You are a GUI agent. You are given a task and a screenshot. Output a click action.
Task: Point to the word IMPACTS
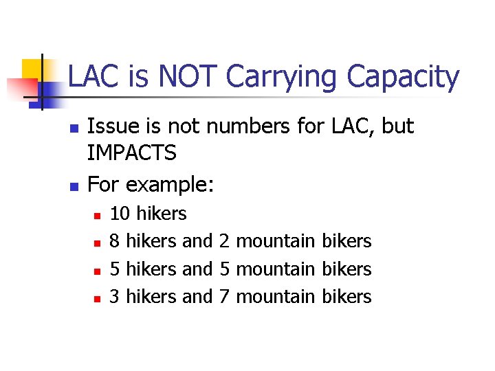click(132, 153)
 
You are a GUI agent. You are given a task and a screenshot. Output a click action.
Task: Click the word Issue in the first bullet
click(111, 126)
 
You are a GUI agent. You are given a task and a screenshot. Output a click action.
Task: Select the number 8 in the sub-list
click(115, 241)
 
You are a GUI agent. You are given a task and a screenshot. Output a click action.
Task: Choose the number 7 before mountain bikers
click(224, 296)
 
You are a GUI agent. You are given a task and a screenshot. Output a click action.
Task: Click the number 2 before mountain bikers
click(224, 241)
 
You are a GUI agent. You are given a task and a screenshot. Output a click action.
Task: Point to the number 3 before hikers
click(115, 296)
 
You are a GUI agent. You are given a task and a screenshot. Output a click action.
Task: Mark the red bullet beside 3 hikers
click(98, 298)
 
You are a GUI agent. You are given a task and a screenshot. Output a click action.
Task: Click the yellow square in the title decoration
click(32, 69)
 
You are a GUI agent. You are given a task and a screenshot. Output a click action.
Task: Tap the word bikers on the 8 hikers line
click(346, 241)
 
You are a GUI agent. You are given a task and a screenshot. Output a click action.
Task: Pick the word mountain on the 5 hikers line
click(276, 269)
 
